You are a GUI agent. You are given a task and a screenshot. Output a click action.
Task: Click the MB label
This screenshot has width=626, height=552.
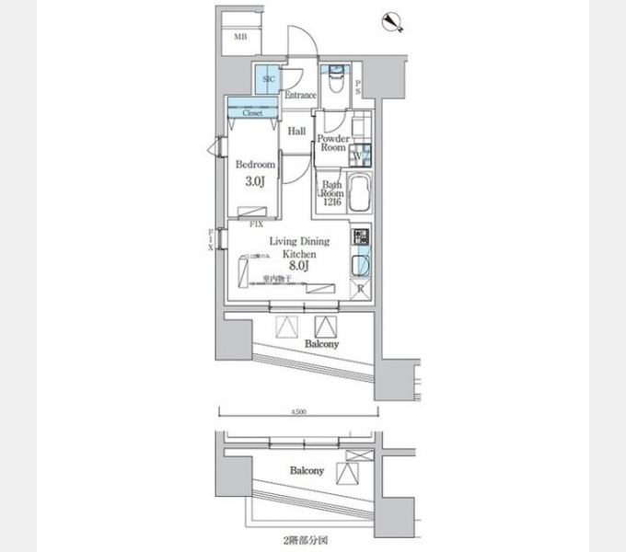pyautogui.click(x=240, y=37)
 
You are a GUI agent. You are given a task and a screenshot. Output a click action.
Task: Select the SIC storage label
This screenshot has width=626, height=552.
pyautogui.click(x=268, y=80)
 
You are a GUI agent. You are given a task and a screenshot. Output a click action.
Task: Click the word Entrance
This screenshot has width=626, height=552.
pyautogui.click(x=300, y=95)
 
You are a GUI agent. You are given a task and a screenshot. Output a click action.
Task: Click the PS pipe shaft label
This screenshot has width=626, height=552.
pyautogui.click(x=357, y=87)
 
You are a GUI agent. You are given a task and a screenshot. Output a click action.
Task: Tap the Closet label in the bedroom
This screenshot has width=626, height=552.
pyautogui.click(x=252, y=112)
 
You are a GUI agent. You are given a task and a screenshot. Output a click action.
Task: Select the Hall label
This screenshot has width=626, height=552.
pyautogui.click(x=296, y=132)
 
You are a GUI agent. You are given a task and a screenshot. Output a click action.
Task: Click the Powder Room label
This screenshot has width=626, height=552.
pyautogui.click(x=332, y=143)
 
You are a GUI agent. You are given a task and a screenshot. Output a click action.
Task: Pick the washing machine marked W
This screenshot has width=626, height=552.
pyautogui.click(x=358, y=156)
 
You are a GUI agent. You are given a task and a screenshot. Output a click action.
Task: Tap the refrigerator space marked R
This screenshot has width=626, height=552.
pyautogui.click(x=359, y=288)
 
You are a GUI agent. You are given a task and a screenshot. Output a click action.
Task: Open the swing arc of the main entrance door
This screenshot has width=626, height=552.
pyautogui.click(x=300, y=41)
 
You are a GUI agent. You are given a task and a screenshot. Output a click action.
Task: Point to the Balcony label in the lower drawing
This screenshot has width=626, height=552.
pyautogui.click(x=307, y=471)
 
